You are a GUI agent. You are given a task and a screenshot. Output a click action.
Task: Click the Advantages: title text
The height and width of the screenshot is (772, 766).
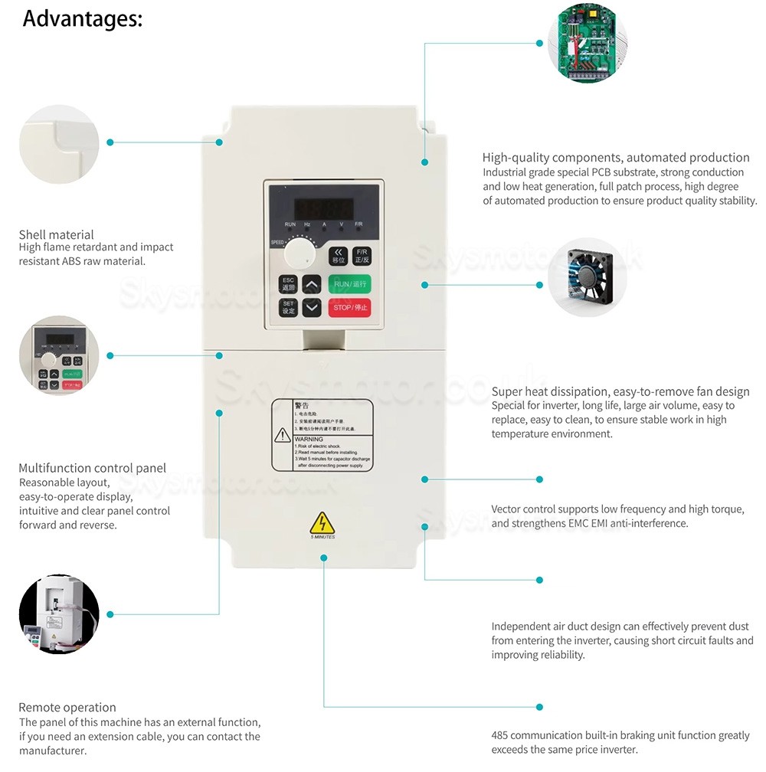(82, 18)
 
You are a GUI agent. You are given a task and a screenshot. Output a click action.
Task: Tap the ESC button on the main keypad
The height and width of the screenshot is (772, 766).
(288, 284)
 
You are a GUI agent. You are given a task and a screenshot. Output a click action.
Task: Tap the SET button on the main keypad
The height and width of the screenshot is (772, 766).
(288, 308)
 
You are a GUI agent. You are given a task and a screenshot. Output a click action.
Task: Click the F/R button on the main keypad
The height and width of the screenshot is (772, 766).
(361, 256)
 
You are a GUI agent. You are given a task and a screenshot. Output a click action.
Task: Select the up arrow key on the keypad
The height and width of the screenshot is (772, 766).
(312, 284)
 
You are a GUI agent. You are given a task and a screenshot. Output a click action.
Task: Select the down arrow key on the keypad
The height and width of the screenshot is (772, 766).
(312, 308)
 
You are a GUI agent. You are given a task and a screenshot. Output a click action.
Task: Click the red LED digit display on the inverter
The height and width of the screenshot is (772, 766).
(324, 208)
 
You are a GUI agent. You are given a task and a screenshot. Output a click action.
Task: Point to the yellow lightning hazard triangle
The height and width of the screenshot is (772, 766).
(322, 523)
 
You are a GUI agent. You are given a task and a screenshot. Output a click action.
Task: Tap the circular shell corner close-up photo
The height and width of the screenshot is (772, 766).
(59, 142)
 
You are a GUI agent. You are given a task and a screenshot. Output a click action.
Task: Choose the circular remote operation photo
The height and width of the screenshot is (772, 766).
(59, 613)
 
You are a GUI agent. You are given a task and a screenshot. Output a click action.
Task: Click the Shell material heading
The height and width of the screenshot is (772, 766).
(56, 234)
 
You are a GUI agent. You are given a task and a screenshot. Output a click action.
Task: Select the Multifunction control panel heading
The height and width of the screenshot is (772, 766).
(92, 468)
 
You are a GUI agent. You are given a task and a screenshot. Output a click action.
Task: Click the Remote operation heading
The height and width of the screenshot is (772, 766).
(67, 707)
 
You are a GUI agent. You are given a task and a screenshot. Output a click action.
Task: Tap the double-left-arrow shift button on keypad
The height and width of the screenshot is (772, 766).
(338, 256)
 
